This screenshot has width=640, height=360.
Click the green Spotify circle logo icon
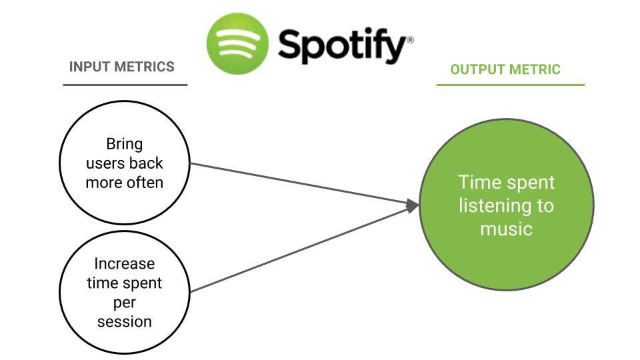click(x=237, y=43)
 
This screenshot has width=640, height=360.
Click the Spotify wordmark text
click(x=341, y=46)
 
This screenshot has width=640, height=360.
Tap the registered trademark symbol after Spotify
click(x=410, y=40)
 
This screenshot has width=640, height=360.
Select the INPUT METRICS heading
click(x=122, y=67)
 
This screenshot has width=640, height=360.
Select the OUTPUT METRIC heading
click(x=505, y=69)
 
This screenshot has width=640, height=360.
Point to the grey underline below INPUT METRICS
click(x=125, y=85)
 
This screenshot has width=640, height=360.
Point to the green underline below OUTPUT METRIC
click(x=510, y=85)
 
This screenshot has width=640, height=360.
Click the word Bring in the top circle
click(x=125, y=144)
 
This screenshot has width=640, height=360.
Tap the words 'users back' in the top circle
click(x=125, y=163)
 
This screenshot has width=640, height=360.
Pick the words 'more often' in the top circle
click(x=125, y=183)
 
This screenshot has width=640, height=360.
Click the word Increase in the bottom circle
click(x=125, y=263)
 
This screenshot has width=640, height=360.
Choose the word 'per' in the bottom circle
click(x=125, y=302)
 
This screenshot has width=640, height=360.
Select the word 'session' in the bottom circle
click(x=125, y=321)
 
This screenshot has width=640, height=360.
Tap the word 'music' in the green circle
click(x=506, y=229)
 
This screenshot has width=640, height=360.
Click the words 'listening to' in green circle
click(x=506, y=205)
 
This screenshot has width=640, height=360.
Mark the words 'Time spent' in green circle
click(x=506, y=182)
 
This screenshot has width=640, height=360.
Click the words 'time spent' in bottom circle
click(x=125, y=283)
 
